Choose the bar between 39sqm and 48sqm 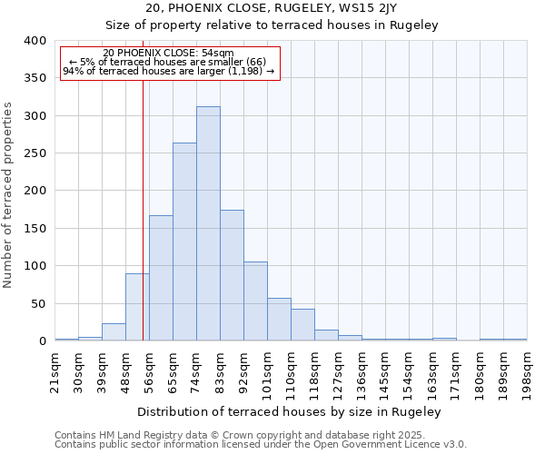(x=114, y=332)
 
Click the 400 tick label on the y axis (x=35, y=41)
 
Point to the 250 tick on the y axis (x=35, y=153)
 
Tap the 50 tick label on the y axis (x=38, y=303)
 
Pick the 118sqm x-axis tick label (x=314, y=372)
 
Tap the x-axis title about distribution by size (x=291, y=411)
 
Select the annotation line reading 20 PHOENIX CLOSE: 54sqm (x=168, y=53)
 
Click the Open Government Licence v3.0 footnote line (x=261, y=445)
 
